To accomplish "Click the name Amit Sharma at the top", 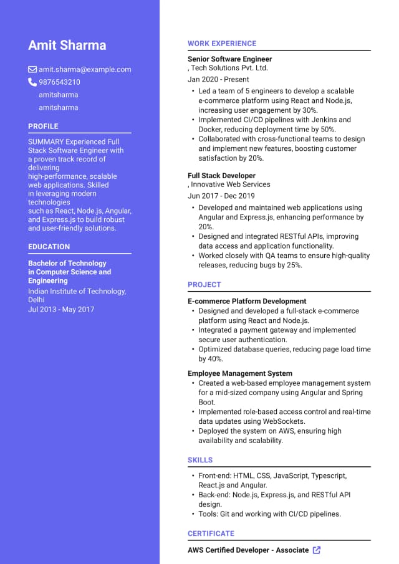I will tap(67, 45).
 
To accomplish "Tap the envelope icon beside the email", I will tap(32, 69).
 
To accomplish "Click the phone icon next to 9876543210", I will tap(32, 82).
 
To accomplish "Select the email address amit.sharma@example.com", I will tap(85, 70).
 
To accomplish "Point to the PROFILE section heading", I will tap(43, 127).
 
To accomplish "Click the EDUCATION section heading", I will tap(49, 247).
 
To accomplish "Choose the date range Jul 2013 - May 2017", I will tap(61, 309).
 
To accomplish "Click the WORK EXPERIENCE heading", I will tap(222, 44).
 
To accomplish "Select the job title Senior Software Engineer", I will tap(229, 59).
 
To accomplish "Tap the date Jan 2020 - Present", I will tap(218, 80).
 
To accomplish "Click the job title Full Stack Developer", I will tap(221, 176).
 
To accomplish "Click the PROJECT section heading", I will tap(204, 285).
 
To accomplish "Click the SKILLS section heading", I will tap(200, 460).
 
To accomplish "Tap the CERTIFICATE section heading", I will tap(211, 533).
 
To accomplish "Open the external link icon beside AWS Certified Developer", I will tap(317, 550).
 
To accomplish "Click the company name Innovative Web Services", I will tap(230, 184).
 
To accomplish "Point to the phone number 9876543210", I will tap(59, 82).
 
